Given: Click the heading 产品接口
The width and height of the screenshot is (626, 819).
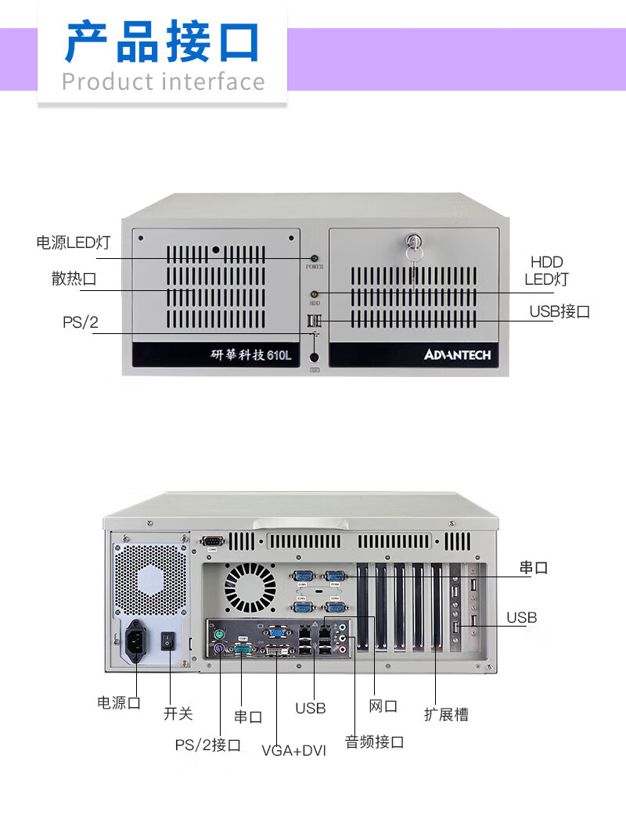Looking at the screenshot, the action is click(x=162, y=43).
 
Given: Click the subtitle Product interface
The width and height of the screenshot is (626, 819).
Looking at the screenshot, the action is click(x=163, y=81).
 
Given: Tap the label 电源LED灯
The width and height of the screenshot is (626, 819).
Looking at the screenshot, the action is click(x=74, y=242).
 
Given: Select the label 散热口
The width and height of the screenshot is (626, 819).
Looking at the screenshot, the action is click(x=74, y=278).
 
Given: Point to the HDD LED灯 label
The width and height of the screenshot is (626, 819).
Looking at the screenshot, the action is click(x=546, y=271).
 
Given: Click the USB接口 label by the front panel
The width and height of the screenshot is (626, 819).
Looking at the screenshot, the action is click(x=559, y=311).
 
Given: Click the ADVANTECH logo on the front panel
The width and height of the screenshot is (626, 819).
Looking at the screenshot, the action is click(x=458, y=355).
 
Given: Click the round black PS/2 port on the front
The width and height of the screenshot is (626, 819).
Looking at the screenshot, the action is click(x=315, y=357).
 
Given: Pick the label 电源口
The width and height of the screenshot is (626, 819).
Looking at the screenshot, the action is click(x=119, y=702).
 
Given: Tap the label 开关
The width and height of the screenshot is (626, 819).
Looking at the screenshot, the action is click(x=178, y=713).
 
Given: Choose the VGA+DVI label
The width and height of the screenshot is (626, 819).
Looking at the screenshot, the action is click(x=293, y=751).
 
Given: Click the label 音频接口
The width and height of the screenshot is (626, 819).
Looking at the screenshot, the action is click(x=374, y=742).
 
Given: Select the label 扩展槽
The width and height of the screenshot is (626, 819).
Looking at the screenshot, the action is click(x=446, y=714).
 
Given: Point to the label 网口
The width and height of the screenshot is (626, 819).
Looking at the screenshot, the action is click(x=383, y=706).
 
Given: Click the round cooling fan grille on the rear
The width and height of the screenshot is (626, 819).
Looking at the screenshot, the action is click(x=250, y=588).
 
